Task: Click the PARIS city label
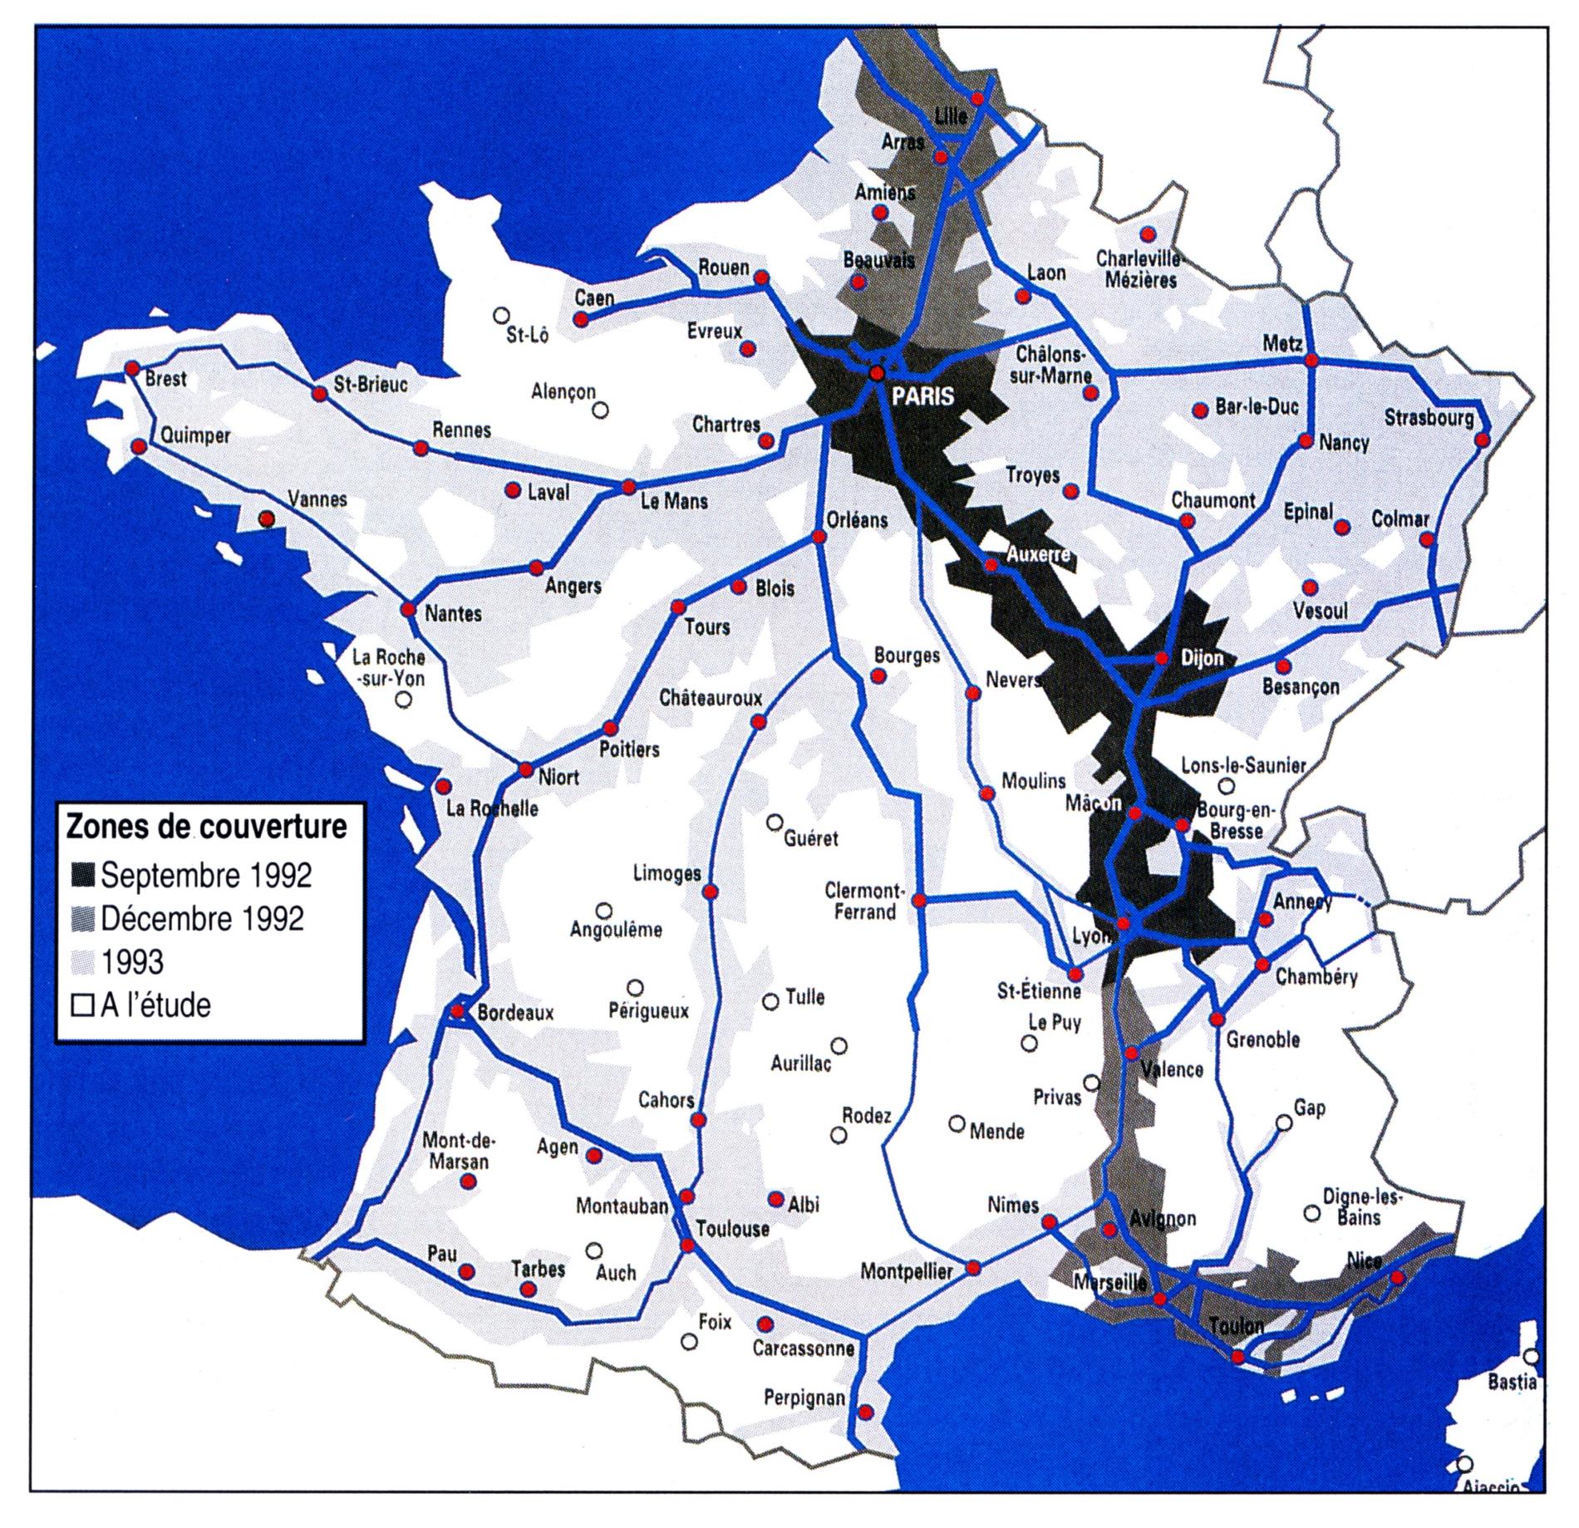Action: tap(922, 396)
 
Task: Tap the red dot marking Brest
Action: tap(131, 368)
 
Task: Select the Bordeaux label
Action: tap(515, 1014)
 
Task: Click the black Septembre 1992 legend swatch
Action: tap(82, 875)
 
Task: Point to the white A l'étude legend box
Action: tap(82, 1006)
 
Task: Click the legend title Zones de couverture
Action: tap(206, 827)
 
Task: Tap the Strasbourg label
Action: tap(1429, 417)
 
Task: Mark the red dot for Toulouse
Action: tap(687, 1245)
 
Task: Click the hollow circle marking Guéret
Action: tap(775, 823)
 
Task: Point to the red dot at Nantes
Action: tap(408, 609)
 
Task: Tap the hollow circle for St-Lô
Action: tap(501, 315)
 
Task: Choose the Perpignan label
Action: tap(804, 1399)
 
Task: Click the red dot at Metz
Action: tap(1311, 361)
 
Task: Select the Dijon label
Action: tap(1202, 659)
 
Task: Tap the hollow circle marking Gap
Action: tap(1284, 1123)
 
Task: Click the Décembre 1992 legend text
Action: tap(202, 919)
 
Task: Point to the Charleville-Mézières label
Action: tap(1140, 269)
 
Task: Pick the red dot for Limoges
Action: tap(711, 892)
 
